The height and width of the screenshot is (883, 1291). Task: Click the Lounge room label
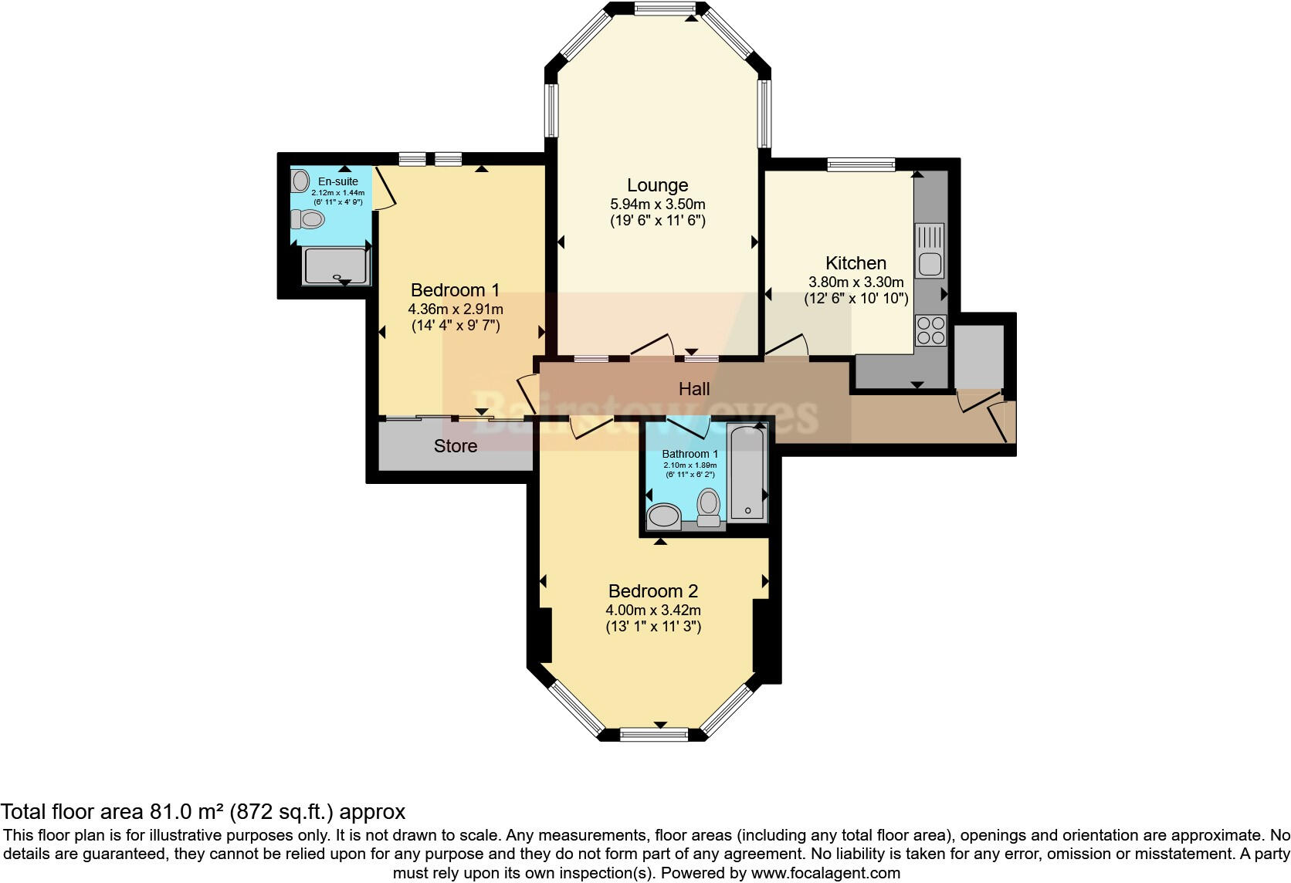point(657,185)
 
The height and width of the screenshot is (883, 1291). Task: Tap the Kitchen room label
point(856,263)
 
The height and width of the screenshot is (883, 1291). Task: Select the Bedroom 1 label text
point(455,290)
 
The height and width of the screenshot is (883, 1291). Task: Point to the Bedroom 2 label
point(652,591)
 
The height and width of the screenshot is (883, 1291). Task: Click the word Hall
point(693,389)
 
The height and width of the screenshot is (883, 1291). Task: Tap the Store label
point(455,446)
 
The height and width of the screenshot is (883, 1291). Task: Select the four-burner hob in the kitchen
point(930,330)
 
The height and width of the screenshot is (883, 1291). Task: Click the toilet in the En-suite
point(309,220)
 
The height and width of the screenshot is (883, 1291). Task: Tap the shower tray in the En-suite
point(335,266)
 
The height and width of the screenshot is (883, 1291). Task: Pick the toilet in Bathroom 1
point(708,506)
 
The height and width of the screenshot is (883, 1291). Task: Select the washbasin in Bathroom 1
point(663,516)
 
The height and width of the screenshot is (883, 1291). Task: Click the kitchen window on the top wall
point(861,164)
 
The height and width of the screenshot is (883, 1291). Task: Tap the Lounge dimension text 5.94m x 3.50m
point(657,205)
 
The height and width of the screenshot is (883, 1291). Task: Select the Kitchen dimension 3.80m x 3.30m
point(856,282)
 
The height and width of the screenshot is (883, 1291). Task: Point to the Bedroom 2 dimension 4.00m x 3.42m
point(652,611)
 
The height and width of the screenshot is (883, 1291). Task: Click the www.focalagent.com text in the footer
point(825,874)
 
